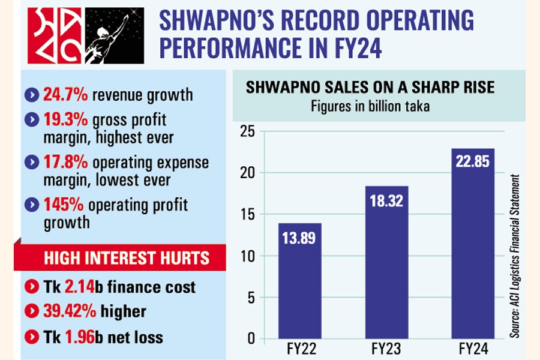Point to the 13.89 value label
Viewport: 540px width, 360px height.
[300, 239]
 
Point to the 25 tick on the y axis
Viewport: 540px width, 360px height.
[247, 131]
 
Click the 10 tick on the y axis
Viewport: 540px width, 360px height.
[247, 256]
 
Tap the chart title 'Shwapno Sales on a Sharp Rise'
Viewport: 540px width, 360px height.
[370, 88]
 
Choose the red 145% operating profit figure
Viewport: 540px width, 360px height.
[63, 205]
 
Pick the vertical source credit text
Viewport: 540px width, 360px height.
[515, 255]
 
